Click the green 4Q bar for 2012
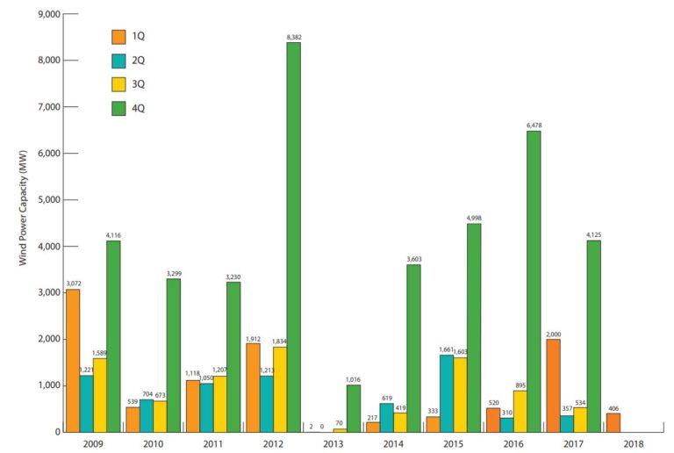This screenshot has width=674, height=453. pos(293,237)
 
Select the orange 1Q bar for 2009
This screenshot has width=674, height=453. pos(72,360)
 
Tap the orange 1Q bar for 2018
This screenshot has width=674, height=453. pos(612,422)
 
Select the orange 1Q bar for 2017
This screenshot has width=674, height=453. pos(552,385)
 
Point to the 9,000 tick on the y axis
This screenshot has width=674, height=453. pos(46,15)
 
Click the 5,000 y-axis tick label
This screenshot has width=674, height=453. pos(46,200)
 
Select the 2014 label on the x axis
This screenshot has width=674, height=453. pos(392,443)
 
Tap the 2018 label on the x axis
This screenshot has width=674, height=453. pos(633,443)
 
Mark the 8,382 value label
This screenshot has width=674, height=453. pos(293,36)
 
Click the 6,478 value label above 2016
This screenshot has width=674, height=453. pos(533,126)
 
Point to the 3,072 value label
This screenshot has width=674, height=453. pos(72,284)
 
